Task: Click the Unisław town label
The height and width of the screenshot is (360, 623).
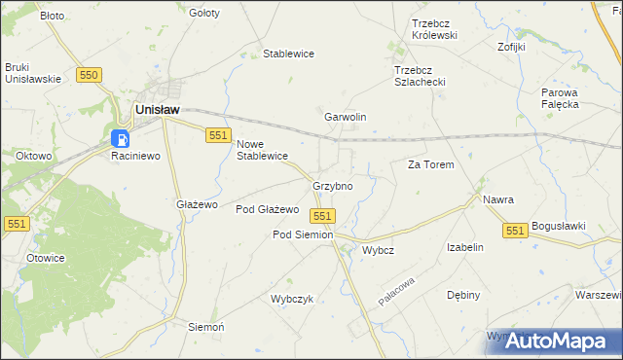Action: pos(157,111)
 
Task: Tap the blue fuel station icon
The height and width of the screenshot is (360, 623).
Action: pos(120,139)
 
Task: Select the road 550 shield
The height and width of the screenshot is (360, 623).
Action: pos(90,75)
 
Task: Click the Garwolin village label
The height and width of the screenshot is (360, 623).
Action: pos(345,117)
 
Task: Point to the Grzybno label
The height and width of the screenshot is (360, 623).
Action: pos(332,185)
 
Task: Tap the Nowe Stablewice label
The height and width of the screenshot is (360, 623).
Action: pos(263,149)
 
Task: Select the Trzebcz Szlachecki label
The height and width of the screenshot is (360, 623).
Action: pos(420,76)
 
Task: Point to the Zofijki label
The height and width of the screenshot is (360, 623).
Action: pos(511,46)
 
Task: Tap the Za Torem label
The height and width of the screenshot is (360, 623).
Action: pos(430,164)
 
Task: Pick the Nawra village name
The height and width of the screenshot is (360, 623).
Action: pos(497,199)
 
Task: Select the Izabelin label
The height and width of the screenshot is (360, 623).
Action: pos(465,247)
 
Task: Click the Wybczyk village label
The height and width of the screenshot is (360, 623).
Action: pos(292,299)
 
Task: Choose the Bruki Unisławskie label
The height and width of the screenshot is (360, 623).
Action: pos(33,73)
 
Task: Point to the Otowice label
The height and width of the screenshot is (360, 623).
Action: pos(45,258)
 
